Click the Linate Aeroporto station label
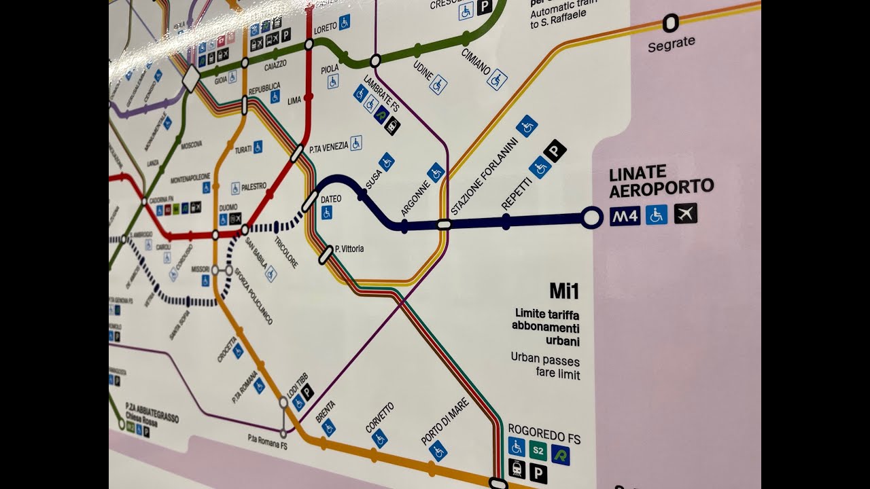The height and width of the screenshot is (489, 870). [661, 180]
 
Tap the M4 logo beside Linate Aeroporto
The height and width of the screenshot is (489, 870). [625, 216]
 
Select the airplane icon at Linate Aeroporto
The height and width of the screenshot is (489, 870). [686, 213]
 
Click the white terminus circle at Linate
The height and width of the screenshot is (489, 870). [591, 218]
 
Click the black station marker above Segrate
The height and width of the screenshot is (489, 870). [670, 24]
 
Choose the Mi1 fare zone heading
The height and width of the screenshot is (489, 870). [564, 291]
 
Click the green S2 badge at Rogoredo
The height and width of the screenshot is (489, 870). [538, 450]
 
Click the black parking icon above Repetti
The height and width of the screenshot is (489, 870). [555, 150]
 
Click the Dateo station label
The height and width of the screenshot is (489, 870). [331, 199]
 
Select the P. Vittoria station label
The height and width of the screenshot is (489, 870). [349, 249]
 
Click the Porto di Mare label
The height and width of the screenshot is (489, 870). [445, 420]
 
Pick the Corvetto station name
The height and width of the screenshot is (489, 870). [379, 417]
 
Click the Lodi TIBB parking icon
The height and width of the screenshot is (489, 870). [307, 392]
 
